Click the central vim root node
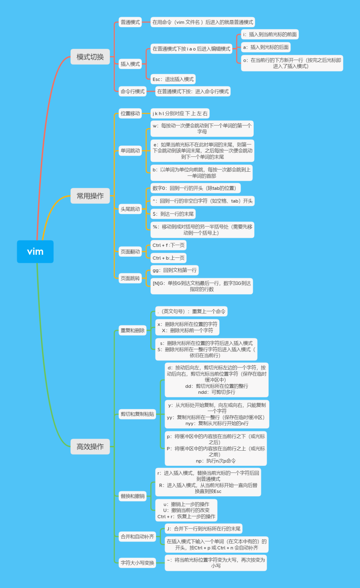35,251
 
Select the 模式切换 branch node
90,57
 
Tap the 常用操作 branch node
90,196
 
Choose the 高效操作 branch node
90,446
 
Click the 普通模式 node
130,22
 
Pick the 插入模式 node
130,64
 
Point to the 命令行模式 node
132,91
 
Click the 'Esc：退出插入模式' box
173,79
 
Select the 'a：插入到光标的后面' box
266,47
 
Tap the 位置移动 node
130,113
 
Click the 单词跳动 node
130,151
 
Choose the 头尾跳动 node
130,209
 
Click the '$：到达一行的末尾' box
173,214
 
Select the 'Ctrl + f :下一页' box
168,245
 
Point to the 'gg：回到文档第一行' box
174,270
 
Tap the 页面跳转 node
130,278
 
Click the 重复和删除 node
132,330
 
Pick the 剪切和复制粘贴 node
137,414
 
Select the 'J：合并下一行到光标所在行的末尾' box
203,529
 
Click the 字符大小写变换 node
137,563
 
